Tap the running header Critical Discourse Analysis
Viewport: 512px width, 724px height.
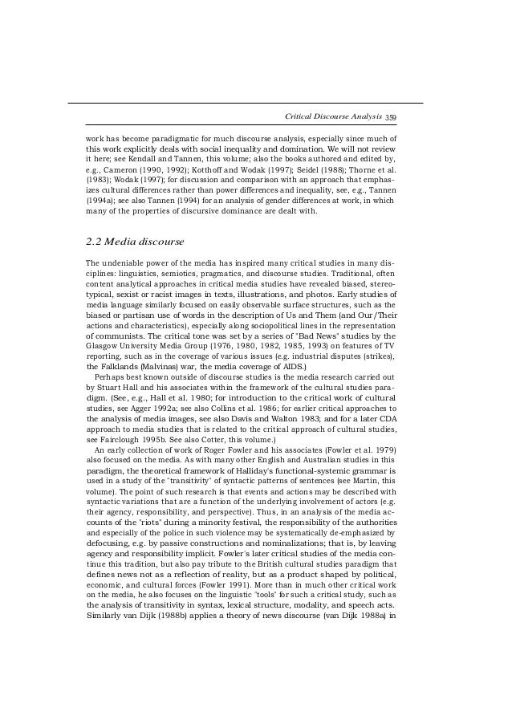point(333,118)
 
